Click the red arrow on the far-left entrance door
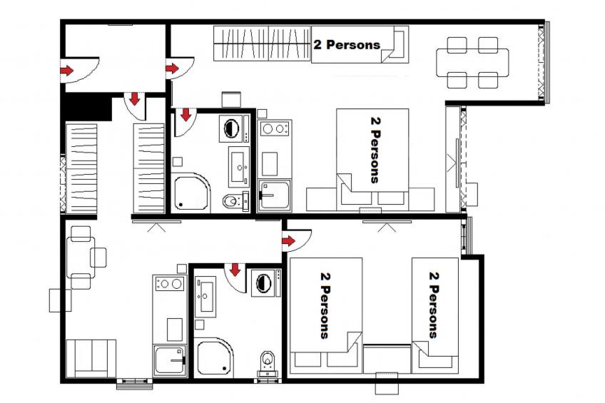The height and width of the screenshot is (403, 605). point(66,71)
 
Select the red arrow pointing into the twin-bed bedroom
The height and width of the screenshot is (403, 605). point(288,241)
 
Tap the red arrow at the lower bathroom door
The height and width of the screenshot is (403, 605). point(234,270)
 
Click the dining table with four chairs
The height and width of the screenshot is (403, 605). point(472,63)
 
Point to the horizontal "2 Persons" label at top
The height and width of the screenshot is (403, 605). point(347,44)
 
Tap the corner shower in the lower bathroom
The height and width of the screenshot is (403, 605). point(214,357)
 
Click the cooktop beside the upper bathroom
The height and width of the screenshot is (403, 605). point(274,129)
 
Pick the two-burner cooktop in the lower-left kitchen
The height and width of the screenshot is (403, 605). point(169,283)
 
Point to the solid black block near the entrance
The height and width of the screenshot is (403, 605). point(86,108)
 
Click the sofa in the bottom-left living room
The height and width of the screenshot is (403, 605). point(91,357)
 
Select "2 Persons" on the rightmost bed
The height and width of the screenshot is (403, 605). point(433,303)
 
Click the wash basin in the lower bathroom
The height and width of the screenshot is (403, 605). point(208,296)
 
